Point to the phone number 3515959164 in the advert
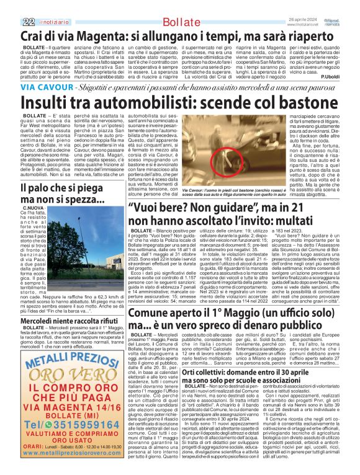click(84, 435)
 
